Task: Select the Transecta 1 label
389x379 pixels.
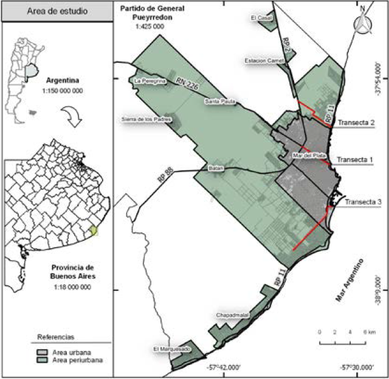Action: point(356,161)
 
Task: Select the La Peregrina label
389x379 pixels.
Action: point(150,80)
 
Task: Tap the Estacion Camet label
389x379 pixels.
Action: point(262,60)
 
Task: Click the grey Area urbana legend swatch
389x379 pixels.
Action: point(43,351)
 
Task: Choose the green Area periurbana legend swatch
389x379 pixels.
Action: point(43,360)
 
